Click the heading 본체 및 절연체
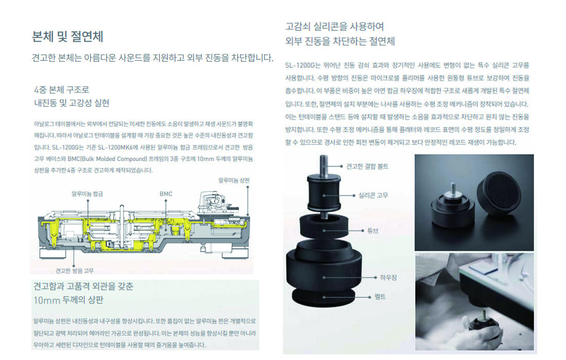pos(67,37)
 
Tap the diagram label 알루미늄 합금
pos(87,194)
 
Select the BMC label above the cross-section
pos(166,194)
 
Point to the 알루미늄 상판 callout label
pos(234,180)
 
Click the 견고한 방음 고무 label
pos(75,271)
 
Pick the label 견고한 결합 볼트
pos(367,166)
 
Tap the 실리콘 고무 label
pos(373,195)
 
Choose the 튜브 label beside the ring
pos(373,230)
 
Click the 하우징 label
pos(388,277)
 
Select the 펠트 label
pos(380,297)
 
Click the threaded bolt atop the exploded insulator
pos(324,166)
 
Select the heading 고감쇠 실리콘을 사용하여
pos(334,26)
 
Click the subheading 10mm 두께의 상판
pos(68,300)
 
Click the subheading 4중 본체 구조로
pos(61,90)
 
